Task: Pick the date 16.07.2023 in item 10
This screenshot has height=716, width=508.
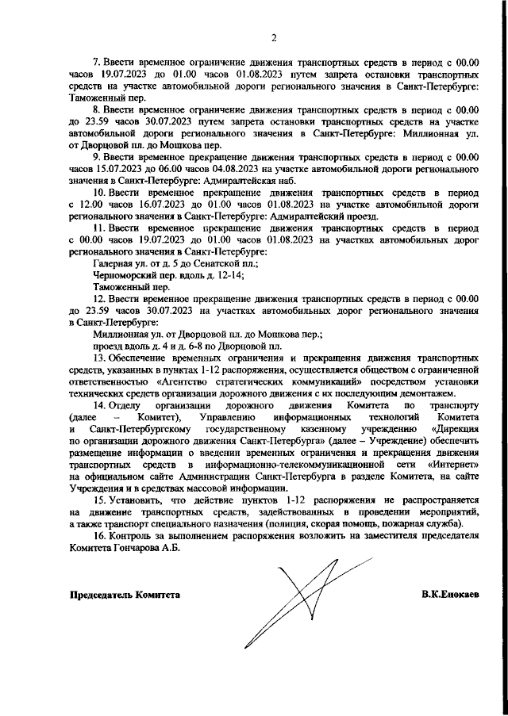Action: (x=155, y=203)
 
